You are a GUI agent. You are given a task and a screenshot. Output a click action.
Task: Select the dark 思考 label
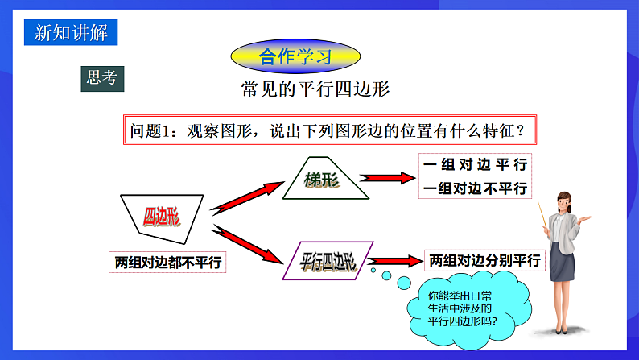pyautogui.click(x=101, y=77)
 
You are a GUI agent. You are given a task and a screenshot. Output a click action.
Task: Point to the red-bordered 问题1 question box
pyautogui.click(x=330, y=129)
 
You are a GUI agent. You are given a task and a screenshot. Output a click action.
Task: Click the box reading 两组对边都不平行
pyautogui.click(x=168, y=262)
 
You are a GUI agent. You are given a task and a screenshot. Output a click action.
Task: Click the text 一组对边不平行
pyautogui.click(x=475, y=188)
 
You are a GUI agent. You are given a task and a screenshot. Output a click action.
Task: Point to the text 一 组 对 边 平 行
pyautogui.click(x=475, y=164)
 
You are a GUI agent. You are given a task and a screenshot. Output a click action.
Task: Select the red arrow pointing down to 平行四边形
pyautogui.click(x=245, y=245)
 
